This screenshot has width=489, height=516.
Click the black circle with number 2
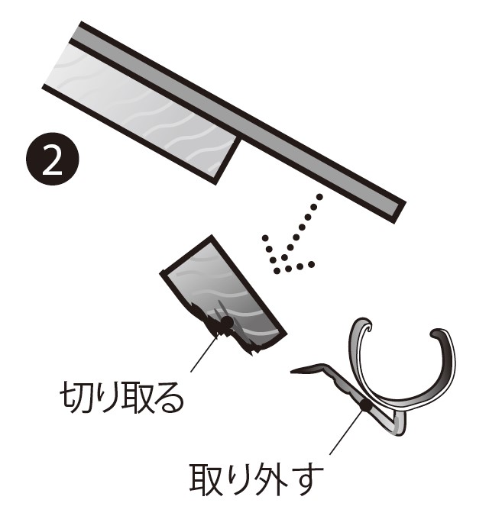tap(53, 159)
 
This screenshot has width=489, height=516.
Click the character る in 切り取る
tap(167, 398)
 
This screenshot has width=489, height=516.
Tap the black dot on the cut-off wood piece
tap(227, 321)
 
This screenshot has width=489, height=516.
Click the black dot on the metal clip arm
tap(365, 405)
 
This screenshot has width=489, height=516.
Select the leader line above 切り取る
tap(204, 353)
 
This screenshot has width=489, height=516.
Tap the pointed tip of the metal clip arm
tap(292, 372)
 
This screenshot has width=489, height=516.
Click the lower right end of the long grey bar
tap(400, 213)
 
